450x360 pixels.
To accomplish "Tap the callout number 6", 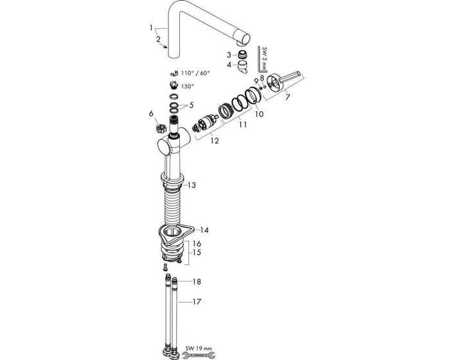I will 151,113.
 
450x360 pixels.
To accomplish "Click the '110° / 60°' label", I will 195,73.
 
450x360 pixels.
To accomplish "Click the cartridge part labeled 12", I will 204,123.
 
